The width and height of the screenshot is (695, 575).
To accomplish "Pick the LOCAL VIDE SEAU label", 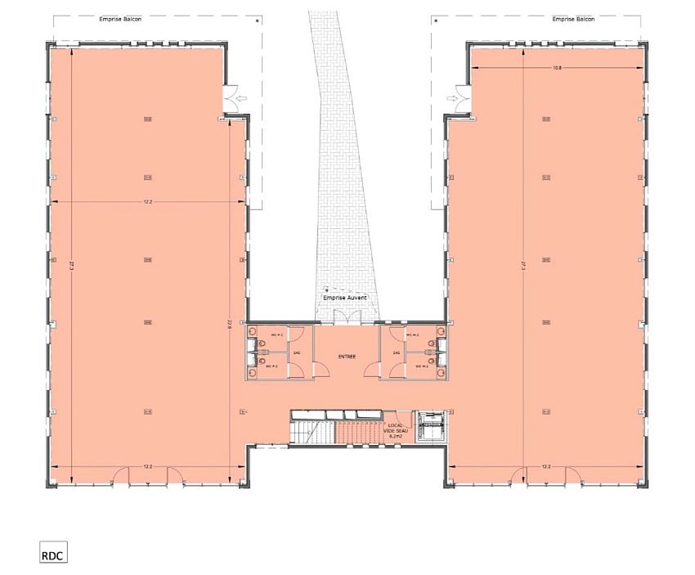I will click(397, 430).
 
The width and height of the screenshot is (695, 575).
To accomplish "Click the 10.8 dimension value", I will click(558, 67).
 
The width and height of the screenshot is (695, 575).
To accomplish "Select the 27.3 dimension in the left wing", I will click(73, 265).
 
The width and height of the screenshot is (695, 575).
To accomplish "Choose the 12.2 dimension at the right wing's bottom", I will click(546, 466).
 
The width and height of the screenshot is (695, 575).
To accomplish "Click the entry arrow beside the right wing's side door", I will click(451, 99).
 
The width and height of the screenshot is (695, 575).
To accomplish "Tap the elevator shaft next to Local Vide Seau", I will click(430, 425).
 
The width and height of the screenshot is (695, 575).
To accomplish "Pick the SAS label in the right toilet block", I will click(396, 353).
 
